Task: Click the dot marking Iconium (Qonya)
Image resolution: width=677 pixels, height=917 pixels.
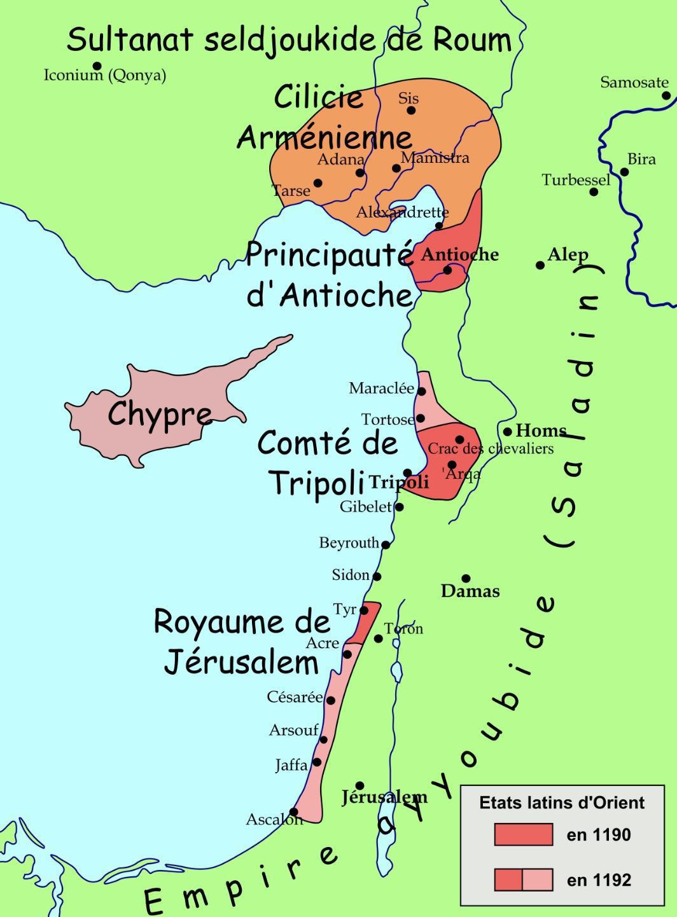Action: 97,65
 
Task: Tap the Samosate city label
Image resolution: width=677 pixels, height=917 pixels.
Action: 634,82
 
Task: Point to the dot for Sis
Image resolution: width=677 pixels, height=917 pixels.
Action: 411,110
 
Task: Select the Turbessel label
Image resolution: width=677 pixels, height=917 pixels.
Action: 575,180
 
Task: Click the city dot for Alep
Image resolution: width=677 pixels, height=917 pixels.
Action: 540,265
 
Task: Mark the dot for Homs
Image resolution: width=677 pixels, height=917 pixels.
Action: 507,432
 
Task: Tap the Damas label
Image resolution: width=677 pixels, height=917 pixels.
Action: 470,591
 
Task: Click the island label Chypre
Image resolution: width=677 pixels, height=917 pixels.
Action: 160,414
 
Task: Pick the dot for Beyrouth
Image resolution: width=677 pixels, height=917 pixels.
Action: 386,544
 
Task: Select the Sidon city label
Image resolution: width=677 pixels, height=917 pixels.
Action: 351,575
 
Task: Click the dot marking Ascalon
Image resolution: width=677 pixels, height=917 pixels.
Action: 293,811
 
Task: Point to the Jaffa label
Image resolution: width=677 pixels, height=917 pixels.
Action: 291,765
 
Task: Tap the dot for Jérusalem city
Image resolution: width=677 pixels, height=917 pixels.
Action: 359,786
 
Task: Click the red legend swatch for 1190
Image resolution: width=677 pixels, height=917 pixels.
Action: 523,834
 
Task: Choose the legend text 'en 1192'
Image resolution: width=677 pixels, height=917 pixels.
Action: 599,880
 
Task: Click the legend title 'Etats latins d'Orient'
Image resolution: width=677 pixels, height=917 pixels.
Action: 562,803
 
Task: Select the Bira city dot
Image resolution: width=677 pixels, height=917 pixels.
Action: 624,172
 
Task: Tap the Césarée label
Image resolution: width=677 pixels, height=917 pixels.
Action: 295,697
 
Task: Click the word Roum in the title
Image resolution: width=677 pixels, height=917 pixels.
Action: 472,40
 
